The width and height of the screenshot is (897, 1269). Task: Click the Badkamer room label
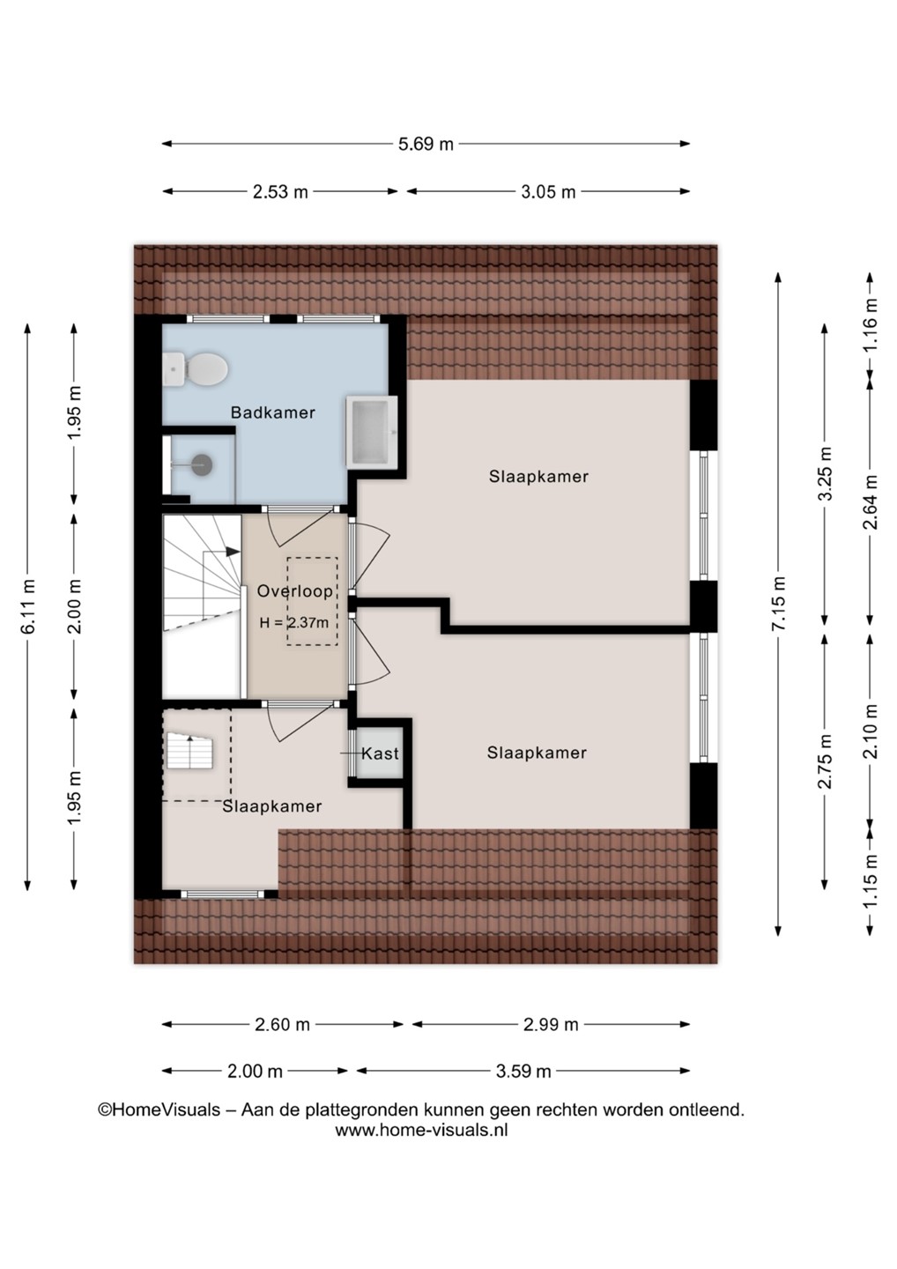(273, 412)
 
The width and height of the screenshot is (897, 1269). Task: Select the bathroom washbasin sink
(372, 432)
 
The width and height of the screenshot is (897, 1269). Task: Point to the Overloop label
(294, 591)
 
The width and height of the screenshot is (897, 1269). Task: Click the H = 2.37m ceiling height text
(294, 623)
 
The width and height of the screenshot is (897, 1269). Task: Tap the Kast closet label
(380, 753)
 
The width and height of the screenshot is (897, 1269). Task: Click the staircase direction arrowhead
(232, 551)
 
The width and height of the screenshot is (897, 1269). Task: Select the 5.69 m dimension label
(426, 144)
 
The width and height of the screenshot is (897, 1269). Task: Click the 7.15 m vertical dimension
(780, 604)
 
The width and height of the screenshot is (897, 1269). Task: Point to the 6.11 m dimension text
(28, 606)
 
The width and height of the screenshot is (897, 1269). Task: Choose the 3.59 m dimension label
(523, 1072)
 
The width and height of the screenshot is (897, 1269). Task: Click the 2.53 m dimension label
(280, 192)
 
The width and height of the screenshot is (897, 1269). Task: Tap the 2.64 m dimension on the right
(871, 502)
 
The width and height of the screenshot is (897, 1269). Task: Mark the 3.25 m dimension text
(826, 473)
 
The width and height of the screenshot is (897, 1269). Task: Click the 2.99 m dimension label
(551, 1024)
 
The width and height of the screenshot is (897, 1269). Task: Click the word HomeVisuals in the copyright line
(166, 1109)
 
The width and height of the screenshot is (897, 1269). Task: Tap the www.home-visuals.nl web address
(421, 1130)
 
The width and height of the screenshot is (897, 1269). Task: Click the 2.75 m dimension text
(826, 761)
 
